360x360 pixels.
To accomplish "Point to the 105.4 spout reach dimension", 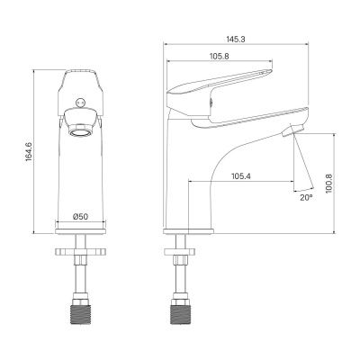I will click(242, 175).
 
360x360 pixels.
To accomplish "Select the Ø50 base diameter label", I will click(82, 217).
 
